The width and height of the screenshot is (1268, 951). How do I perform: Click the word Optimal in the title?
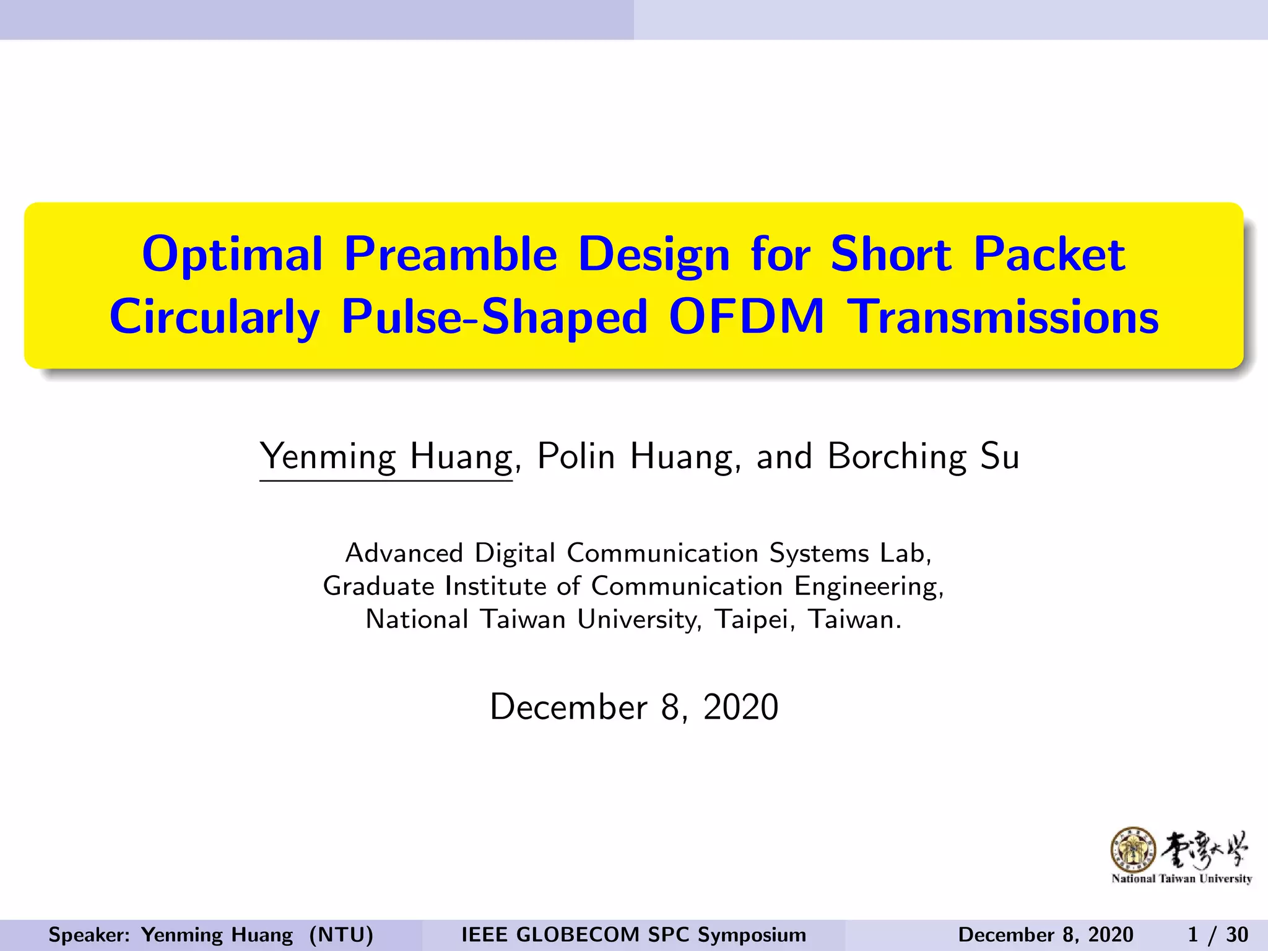(232, 255)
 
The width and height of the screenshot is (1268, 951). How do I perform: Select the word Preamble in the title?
(450, 255)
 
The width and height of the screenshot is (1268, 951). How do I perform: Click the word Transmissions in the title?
(1002, 317)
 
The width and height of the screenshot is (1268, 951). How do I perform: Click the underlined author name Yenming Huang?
(386, 457)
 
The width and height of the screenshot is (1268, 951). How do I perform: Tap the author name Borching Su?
(923, 457)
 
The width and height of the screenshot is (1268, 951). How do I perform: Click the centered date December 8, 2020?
(633, 707)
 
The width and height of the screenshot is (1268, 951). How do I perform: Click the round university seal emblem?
(1133, 849)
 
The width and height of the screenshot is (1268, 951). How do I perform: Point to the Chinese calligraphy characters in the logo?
(1204, 849)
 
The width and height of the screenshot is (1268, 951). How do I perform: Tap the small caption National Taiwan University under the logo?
(1181, 879)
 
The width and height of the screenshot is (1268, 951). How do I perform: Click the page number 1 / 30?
(1217, 934)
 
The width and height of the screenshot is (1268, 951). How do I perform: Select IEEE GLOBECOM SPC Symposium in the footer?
(633, 935)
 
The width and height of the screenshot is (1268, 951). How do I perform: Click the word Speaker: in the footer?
(89, 935)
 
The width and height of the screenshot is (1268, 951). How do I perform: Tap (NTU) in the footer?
(341, 935)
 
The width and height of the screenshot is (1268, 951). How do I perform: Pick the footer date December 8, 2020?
(1046, 935)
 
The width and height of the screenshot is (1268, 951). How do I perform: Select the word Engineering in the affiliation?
(868, 586)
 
